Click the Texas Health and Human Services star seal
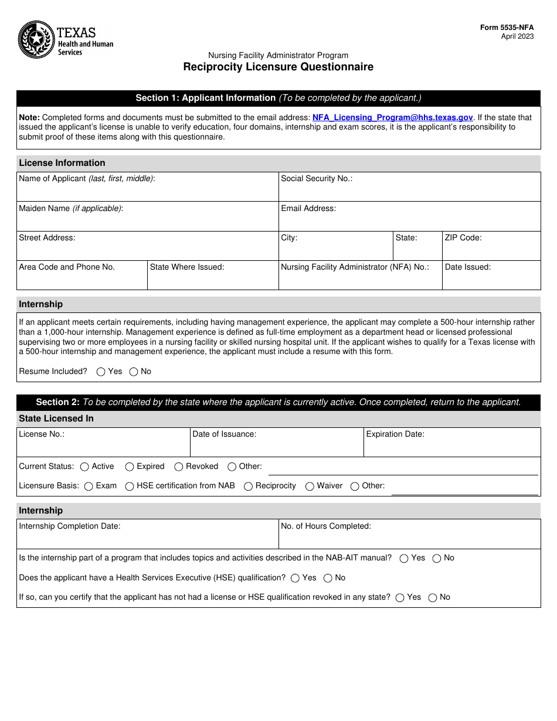36,40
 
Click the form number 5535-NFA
507,28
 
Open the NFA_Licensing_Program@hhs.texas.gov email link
392,117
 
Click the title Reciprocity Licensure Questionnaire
278,67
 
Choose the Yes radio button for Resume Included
101,372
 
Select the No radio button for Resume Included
134,372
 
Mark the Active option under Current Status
84,467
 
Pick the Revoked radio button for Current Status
179,467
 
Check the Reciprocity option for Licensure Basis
249,487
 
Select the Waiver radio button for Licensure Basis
310,487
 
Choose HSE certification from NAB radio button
130,487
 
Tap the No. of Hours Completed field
409,538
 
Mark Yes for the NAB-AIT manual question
404,559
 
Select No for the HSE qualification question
328,579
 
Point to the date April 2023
517,36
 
